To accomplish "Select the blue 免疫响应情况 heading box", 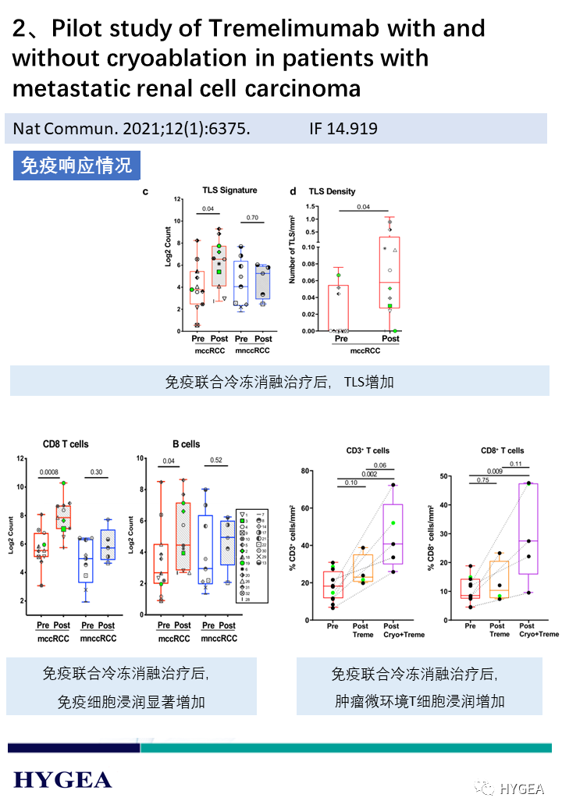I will click(x=76, y=166).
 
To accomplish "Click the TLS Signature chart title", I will click(x=229, y=191).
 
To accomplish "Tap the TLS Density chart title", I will click(x=332, y=191).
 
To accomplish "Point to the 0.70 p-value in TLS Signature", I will click(x=251, y=218).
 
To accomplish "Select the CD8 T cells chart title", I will click(x=66, y=444).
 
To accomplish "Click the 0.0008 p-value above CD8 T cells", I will click(x=51, y=472).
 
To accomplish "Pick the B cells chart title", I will click(x=186, y=444).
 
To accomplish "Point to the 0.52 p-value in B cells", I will click(x=216, y=461).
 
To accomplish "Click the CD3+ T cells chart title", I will click(x=368, y=451).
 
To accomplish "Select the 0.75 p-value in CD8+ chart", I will click(x=484, y=480).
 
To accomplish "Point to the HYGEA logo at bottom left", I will click(x=62, y=779).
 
